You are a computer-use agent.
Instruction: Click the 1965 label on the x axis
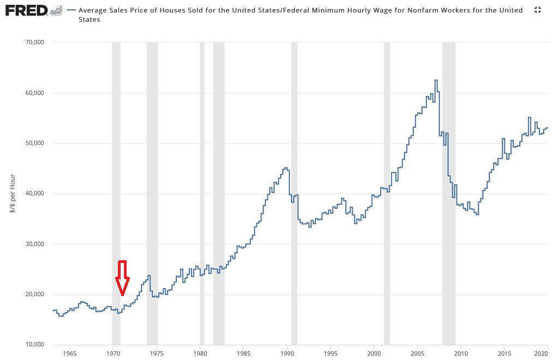[x=69, y=353]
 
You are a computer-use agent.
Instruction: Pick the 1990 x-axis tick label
[x=287, y=353]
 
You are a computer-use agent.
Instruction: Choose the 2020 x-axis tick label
[x=548, y=353]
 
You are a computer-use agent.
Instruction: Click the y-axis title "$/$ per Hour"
[x=13, y=194]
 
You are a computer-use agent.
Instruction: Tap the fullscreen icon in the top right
[x=537, y=10]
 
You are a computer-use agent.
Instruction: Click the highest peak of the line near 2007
[x=436, y=80]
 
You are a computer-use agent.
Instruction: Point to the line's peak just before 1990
[x=286, y=168]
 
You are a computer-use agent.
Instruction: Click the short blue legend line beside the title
[x=71, y=10]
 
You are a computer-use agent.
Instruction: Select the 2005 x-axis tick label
[x=417, y=353]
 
